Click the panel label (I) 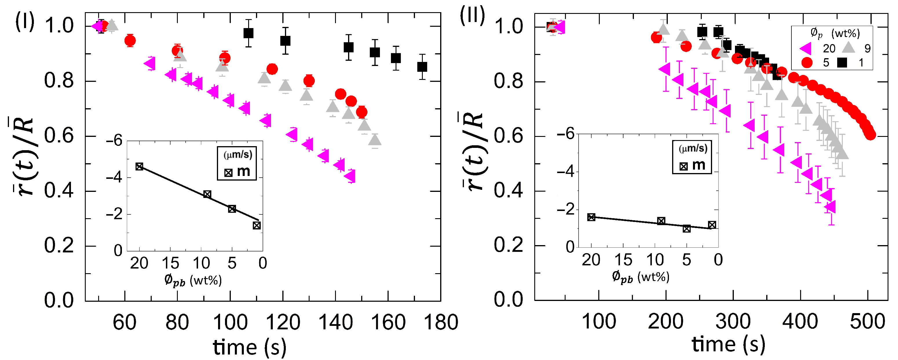tap(24, 22)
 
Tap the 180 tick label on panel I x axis tap(441, 322)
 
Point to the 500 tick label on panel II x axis tap(867, 321)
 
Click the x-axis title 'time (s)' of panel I tap(250, 347)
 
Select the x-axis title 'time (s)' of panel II tap(729, 344)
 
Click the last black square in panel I tap(422, 67)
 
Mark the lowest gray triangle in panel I tap(375, 140)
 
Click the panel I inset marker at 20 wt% tap(140, 167)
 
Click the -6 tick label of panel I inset tap(114, 141)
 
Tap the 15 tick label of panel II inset tap(623, 260)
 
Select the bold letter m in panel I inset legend tap(243, 171)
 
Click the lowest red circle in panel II tap(870, 135)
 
